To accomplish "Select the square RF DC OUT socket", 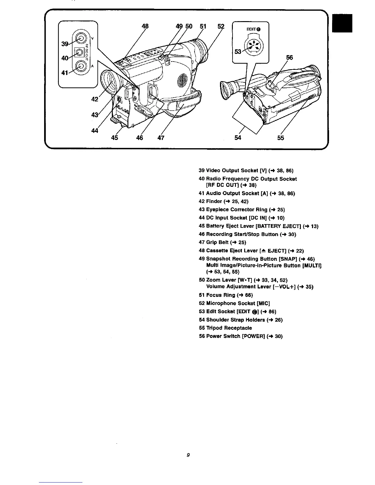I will coord(80,53).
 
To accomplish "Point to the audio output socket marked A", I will coord(80,66).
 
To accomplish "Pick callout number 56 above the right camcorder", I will coord(290,58).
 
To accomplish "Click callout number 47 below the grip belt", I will coord(161,138).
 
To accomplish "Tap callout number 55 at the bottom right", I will coord(281,138).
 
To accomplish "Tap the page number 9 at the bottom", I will coord(188,455).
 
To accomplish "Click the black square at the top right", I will coord(343,24).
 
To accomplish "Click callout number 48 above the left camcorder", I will coord(145,26).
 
